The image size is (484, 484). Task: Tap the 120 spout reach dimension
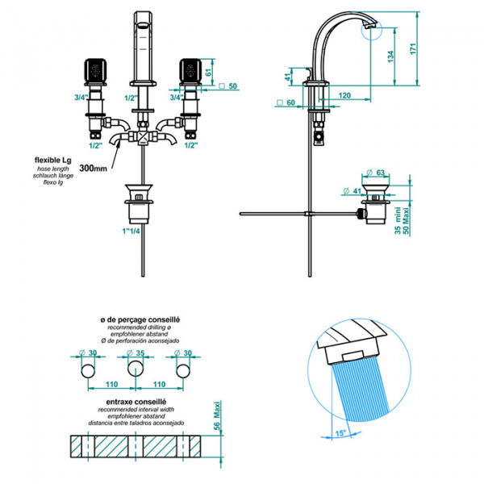(x=344, y=95)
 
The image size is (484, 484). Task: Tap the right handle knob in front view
(x=190, y=72)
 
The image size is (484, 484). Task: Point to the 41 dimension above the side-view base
(x=288, y=76)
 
